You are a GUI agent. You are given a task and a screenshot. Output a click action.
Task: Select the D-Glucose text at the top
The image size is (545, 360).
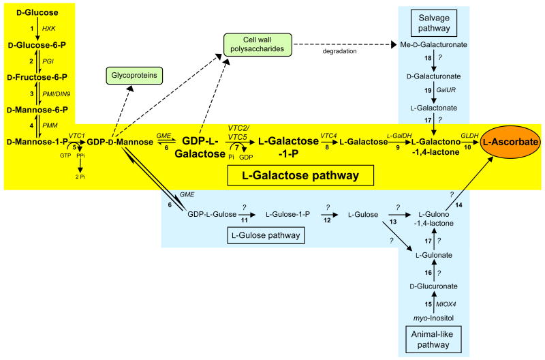(33, 12)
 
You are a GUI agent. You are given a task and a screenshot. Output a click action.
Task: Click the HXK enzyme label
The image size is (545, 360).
(49, 29)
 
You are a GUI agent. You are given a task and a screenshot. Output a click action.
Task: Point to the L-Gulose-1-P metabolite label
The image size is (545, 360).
(287, 213)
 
